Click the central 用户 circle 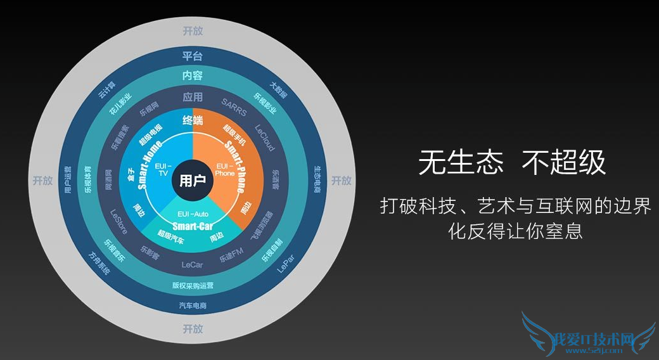(x=192, y=181)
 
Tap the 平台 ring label (x=192, y=55)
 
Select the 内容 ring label (x=192, y=75)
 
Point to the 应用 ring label (x=192, y=97)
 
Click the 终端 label (x=192, y=120)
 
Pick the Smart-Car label (x=192, y=225)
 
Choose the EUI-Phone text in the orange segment (x=225, y=169)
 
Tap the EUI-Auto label (x=193, y=214)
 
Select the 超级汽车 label (x=170, y=236)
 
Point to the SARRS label (x=234, y=103)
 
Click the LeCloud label (x=264, y=136)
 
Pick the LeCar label (x=192, y=264)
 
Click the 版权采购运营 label (x=192, y=285)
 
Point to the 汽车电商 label (x=192, y=306)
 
